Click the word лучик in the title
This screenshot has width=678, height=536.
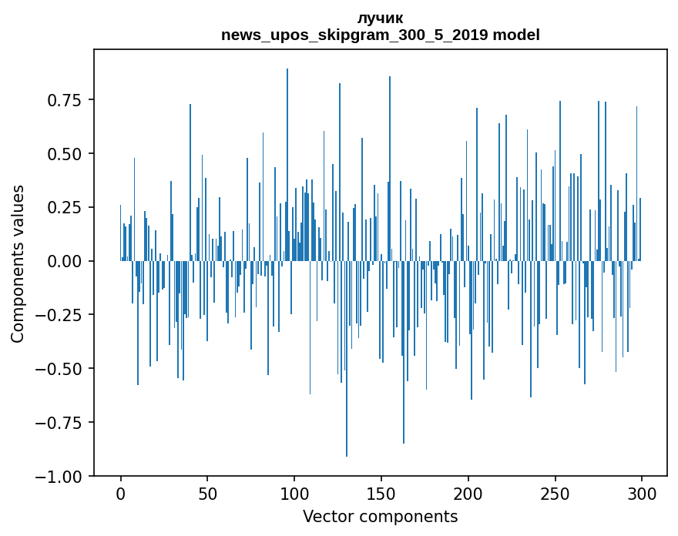[381, 18]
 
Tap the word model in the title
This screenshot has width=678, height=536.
[516, 35]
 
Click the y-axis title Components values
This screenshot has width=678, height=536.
[18, 263]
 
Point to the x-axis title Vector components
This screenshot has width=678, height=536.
[381, 517]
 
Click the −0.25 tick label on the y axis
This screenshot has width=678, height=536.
[60, 315]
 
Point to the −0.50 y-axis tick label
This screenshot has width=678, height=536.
[60, 369]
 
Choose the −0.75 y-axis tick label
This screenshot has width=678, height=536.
[60, 423]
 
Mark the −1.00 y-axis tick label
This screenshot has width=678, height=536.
[60, 477]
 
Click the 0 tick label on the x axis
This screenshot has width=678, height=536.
[121, 494]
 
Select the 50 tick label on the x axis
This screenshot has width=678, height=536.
[207, 494]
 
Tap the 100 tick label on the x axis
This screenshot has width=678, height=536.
[294, 494]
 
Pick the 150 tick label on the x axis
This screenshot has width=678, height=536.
[381, 494]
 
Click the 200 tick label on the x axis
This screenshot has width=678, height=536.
[468, 494]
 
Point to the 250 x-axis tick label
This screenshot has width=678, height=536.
[555, 494]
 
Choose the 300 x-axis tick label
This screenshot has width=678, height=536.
[642, 494]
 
